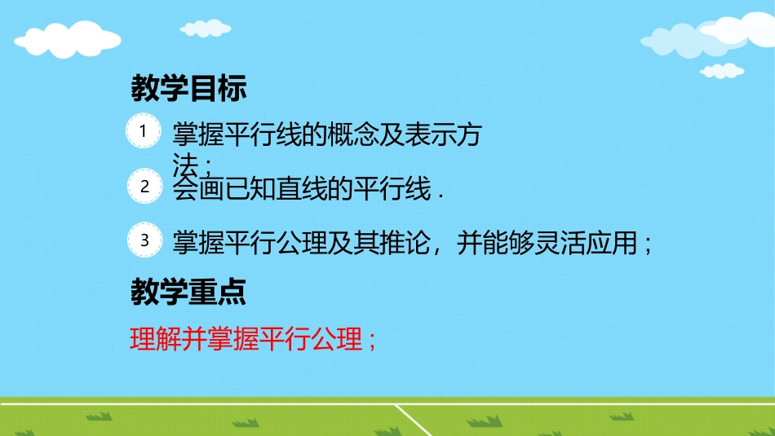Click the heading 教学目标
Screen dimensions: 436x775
click(x=188, y=89)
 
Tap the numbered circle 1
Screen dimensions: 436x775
click(x=144, y=131)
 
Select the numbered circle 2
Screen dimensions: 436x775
click(x=144, y=187)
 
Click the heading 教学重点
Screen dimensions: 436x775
click(x=188, y=293)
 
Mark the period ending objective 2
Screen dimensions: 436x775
click(x=441, y=194)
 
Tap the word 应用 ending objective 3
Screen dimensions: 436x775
click(x=618, y=243)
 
